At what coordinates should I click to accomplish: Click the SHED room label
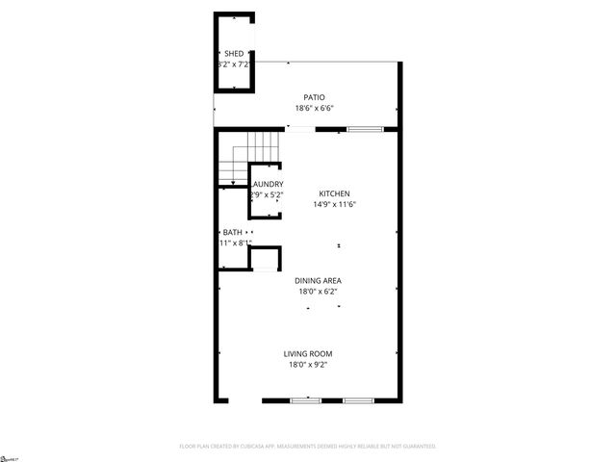[x=234, y=53]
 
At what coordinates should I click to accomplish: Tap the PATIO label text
[x=314, y=97]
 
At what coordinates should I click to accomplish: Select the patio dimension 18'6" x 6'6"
[x=314, y=109]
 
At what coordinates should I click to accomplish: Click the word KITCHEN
[x=334, y=193]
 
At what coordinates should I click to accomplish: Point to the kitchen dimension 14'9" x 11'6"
[x=334, y=204]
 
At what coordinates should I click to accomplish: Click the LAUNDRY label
[x=268, y=184]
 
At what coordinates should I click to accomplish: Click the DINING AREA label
[x=318, y=280]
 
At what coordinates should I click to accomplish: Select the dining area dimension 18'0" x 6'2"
[x=318, y=291]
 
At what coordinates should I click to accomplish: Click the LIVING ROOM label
[x=308, y=353]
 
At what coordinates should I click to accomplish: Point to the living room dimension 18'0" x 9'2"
[x=308, y=365]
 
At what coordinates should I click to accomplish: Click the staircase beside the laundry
[x=250, y=154]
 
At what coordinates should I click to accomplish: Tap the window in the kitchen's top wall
[x=362, y=129]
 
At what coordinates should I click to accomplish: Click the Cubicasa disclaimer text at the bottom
[x=308, y=447]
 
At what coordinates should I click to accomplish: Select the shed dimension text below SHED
[x=234, y=64]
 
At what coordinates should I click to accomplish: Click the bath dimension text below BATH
[x=234, y=243]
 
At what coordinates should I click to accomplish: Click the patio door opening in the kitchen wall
[x=300, y=129]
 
